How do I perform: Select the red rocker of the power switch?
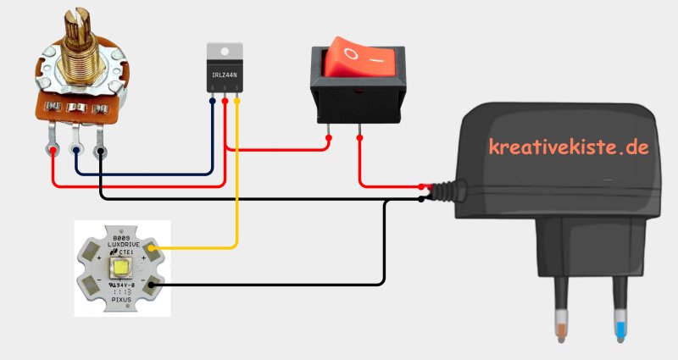358,59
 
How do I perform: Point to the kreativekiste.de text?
569,147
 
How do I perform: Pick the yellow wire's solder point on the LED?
154,248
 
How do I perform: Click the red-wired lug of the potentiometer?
53,151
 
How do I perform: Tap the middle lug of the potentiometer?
77,151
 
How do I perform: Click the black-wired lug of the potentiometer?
101,152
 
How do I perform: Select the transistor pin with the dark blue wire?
212,102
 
